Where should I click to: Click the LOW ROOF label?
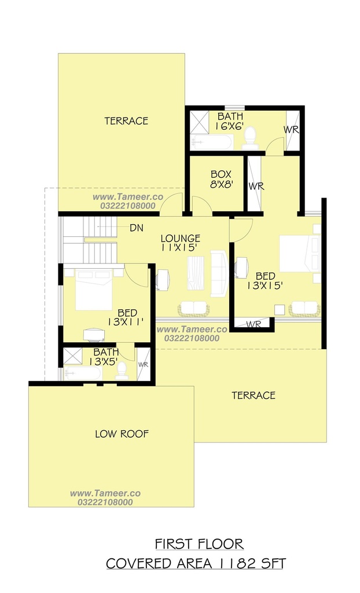coord(122,434)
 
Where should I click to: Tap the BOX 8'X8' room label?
coord(221,180)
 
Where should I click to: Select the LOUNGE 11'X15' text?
coord(181,243)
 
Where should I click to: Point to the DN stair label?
coord(136,228)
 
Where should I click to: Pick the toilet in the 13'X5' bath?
coord(122,371)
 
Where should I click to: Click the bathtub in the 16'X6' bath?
coord(211,142)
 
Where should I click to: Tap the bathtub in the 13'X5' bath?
coord(83,374)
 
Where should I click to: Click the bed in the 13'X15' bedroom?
coord(300,253)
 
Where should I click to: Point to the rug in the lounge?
coord(196,273)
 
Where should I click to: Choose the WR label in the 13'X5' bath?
coord(144,365)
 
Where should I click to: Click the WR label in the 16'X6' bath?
coord(291,129)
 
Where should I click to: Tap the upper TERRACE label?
coord(126,121)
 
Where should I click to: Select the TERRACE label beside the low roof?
coord(254,396)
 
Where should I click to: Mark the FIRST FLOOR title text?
coord(199,544)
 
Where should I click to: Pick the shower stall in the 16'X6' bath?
coord(199,122)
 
